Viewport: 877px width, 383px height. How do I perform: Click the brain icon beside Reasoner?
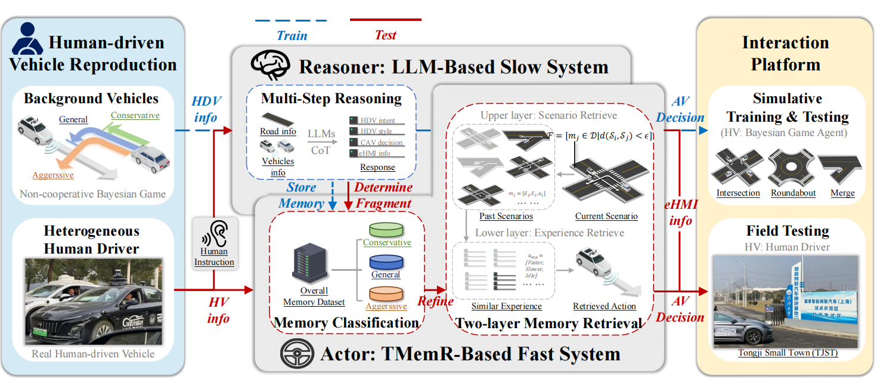(270, 64)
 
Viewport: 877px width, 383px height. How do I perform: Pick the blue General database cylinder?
(386, 262)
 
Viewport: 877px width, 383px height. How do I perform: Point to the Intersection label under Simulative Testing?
(738, 193)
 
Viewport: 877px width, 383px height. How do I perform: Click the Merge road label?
(842, 193)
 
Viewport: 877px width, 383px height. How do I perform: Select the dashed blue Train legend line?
(292, 21)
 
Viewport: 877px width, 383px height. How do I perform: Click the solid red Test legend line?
(385, 20)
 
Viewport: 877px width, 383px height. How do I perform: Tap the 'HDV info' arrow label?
(206, 109)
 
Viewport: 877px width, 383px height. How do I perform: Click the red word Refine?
(435, 301)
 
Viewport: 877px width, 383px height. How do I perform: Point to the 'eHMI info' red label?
(680, 212)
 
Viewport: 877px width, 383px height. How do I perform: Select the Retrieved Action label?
(605, 306)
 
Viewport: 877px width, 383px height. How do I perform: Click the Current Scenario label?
(606, 216)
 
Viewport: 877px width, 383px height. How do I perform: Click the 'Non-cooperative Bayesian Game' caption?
(92, 194)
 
